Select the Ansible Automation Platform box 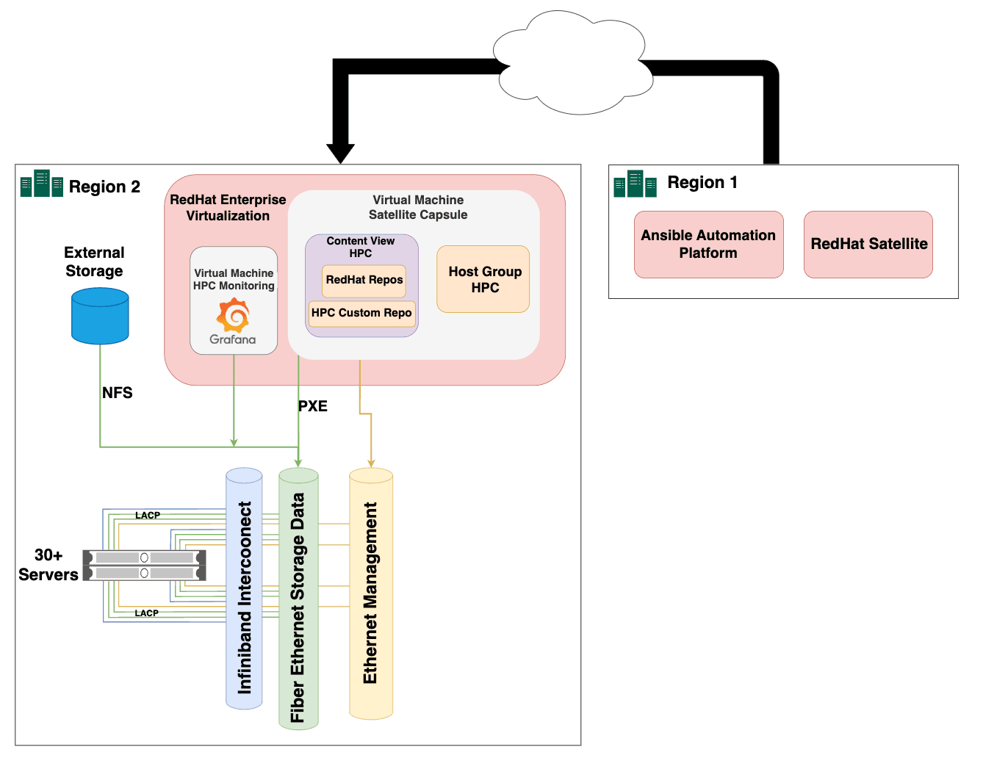coord(708,245)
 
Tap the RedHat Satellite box coord(868,245)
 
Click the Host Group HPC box coord(483,279)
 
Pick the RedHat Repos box coord(364,280)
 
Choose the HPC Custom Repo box coord(361,313)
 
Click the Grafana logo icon coord(233,316)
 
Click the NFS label coord(118,393)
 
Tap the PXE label coord(313,406)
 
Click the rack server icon coord(144,565)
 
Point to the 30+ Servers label coord(48,565)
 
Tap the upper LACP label coord(147,516)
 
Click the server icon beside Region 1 coord(635,184)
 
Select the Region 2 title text coord(104,187)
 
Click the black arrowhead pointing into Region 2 coord(340,153)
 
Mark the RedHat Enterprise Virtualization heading coord(228,208)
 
